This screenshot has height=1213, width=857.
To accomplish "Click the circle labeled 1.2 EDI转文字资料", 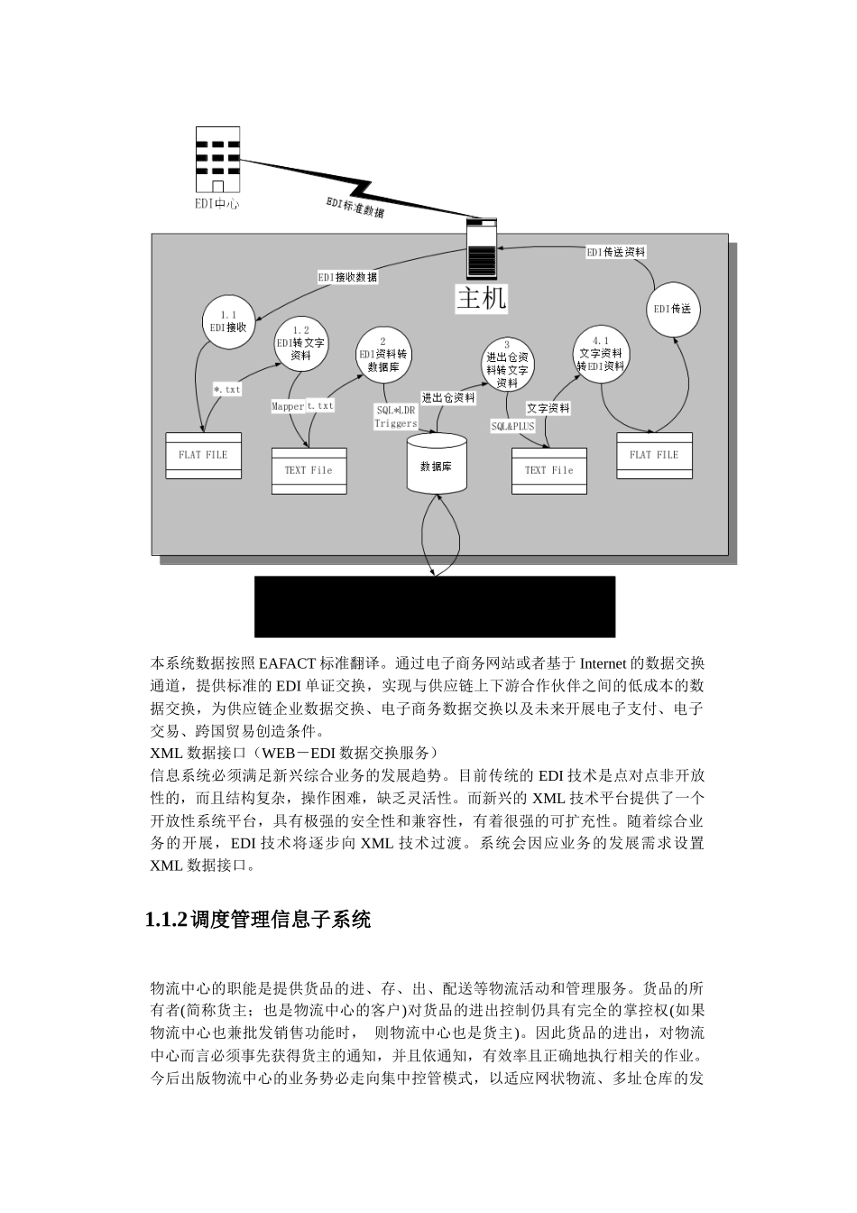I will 300,343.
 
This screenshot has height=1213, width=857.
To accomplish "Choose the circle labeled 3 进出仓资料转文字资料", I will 507,364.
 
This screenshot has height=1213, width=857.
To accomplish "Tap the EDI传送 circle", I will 672,309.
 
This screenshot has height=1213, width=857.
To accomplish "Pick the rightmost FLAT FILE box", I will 654,455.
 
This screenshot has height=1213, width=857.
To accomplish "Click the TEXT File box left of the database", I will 309,470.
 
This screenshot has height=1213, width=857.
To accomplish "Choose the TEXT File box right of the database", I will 548,470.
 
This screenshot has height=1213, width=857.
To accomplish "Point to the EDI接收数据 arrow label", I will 347,277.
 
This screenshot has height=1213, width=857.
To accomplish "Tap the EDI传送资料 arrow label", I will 616,253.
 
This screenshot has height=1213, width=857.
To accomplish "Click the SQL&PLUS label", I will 512,426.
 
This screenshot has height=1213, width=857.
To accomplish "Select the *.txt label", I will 227,390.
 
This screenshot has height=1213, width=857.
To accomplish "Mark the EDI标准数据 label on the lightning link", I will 355,207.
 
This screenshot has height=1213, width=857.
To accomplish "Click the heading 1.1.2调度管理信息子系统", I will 258,920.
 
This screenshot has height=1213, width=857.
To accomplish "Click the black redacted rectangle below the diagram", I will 435,606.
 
